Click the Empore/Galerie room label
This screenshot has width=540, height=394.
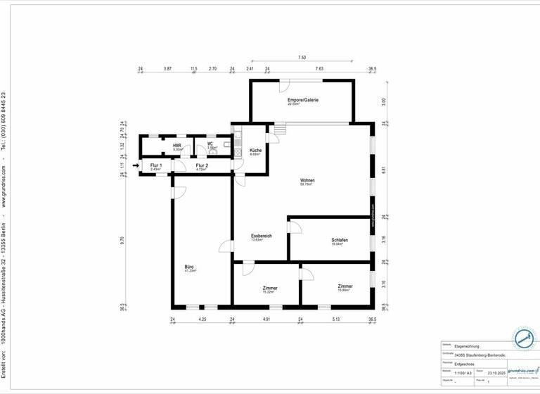(x=303, y=101)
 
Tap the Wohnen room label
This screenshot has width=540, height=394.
(x=307, y=181)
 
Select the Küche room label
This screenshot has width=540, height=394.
(x=256, y=151)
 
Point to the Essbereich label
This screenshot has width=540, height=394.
(x=262, y=236)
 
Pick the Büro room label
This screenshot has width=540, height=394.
(x=189, y=267)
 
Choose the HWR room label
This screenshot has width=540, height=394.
(x=177, y=146)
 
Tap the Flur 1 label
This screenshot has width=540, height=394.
(x=155, y=165)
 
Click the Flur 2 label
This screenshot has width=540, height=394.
(x=201, y=165)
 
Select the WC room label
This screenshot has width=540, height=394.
(x=210, y=145)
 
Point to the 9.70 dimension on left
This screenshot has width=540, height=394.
(x=122, y=240)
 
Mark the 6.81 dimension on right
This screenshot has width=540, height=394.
(x=384, y=169)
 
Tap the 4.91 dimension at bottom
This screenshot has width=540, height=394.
(x=266, y=320)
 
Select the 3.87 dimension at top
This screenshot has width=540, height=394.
(x=167, y=69)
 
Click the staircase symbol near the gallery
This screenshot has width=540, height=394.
(x=281, y=130)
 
